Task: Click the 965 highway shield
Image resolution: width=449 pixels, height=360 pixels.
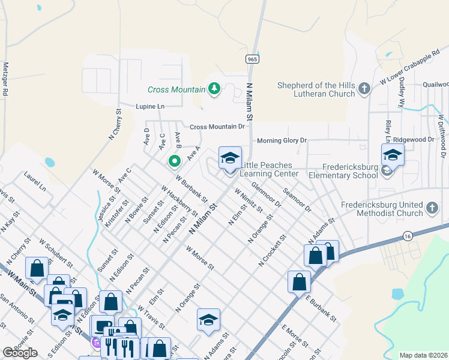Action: point(252,59)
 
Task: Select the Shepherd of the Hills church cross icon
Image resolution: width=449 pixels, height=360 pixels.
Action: point(364,89)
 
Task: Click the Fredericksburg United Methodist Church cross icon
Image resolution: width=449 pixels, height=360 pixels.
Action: point(432,209)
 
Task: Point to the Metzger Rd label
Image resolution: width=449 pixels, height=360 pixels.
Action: point(5,79)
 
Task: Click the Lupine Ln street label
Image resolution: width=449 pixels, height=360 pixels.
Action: point(152,106)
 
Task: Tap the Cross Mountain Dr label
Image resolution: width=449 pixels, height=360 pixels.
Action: point(217,127)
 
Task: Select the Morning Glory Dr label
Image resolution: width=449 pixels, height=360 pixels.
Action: point(282,140)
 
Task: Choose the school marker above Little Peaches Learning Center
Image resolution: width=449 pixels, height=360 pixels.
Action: point(230,158)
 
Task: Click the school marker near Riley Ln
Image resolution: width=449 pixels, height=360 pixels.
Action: point(392,155)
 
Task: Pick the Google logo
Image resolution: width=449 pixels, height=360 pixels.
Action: point(20,353)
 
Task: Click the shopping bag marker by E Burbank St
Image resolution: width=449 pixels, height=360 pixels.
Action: point(299,281)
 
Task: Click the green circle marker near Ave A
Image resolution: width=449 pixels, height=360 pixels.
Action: point(175,161)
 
